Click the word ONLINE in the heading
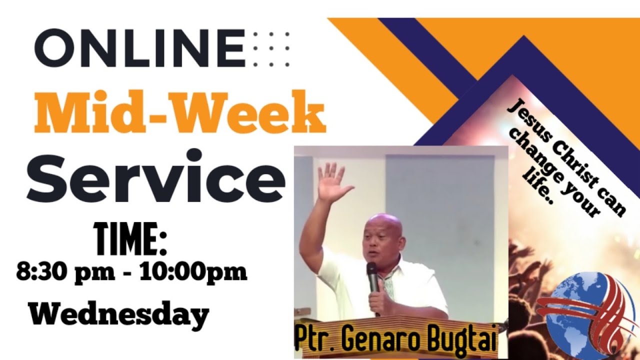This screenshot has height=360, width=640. [140, 48]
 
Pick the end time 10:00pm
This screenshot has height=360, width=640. [193, 273]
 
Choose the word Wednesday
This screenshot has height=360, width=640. [118, 315]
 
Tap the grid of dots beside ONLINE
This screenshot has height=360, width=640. [271, 48]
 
